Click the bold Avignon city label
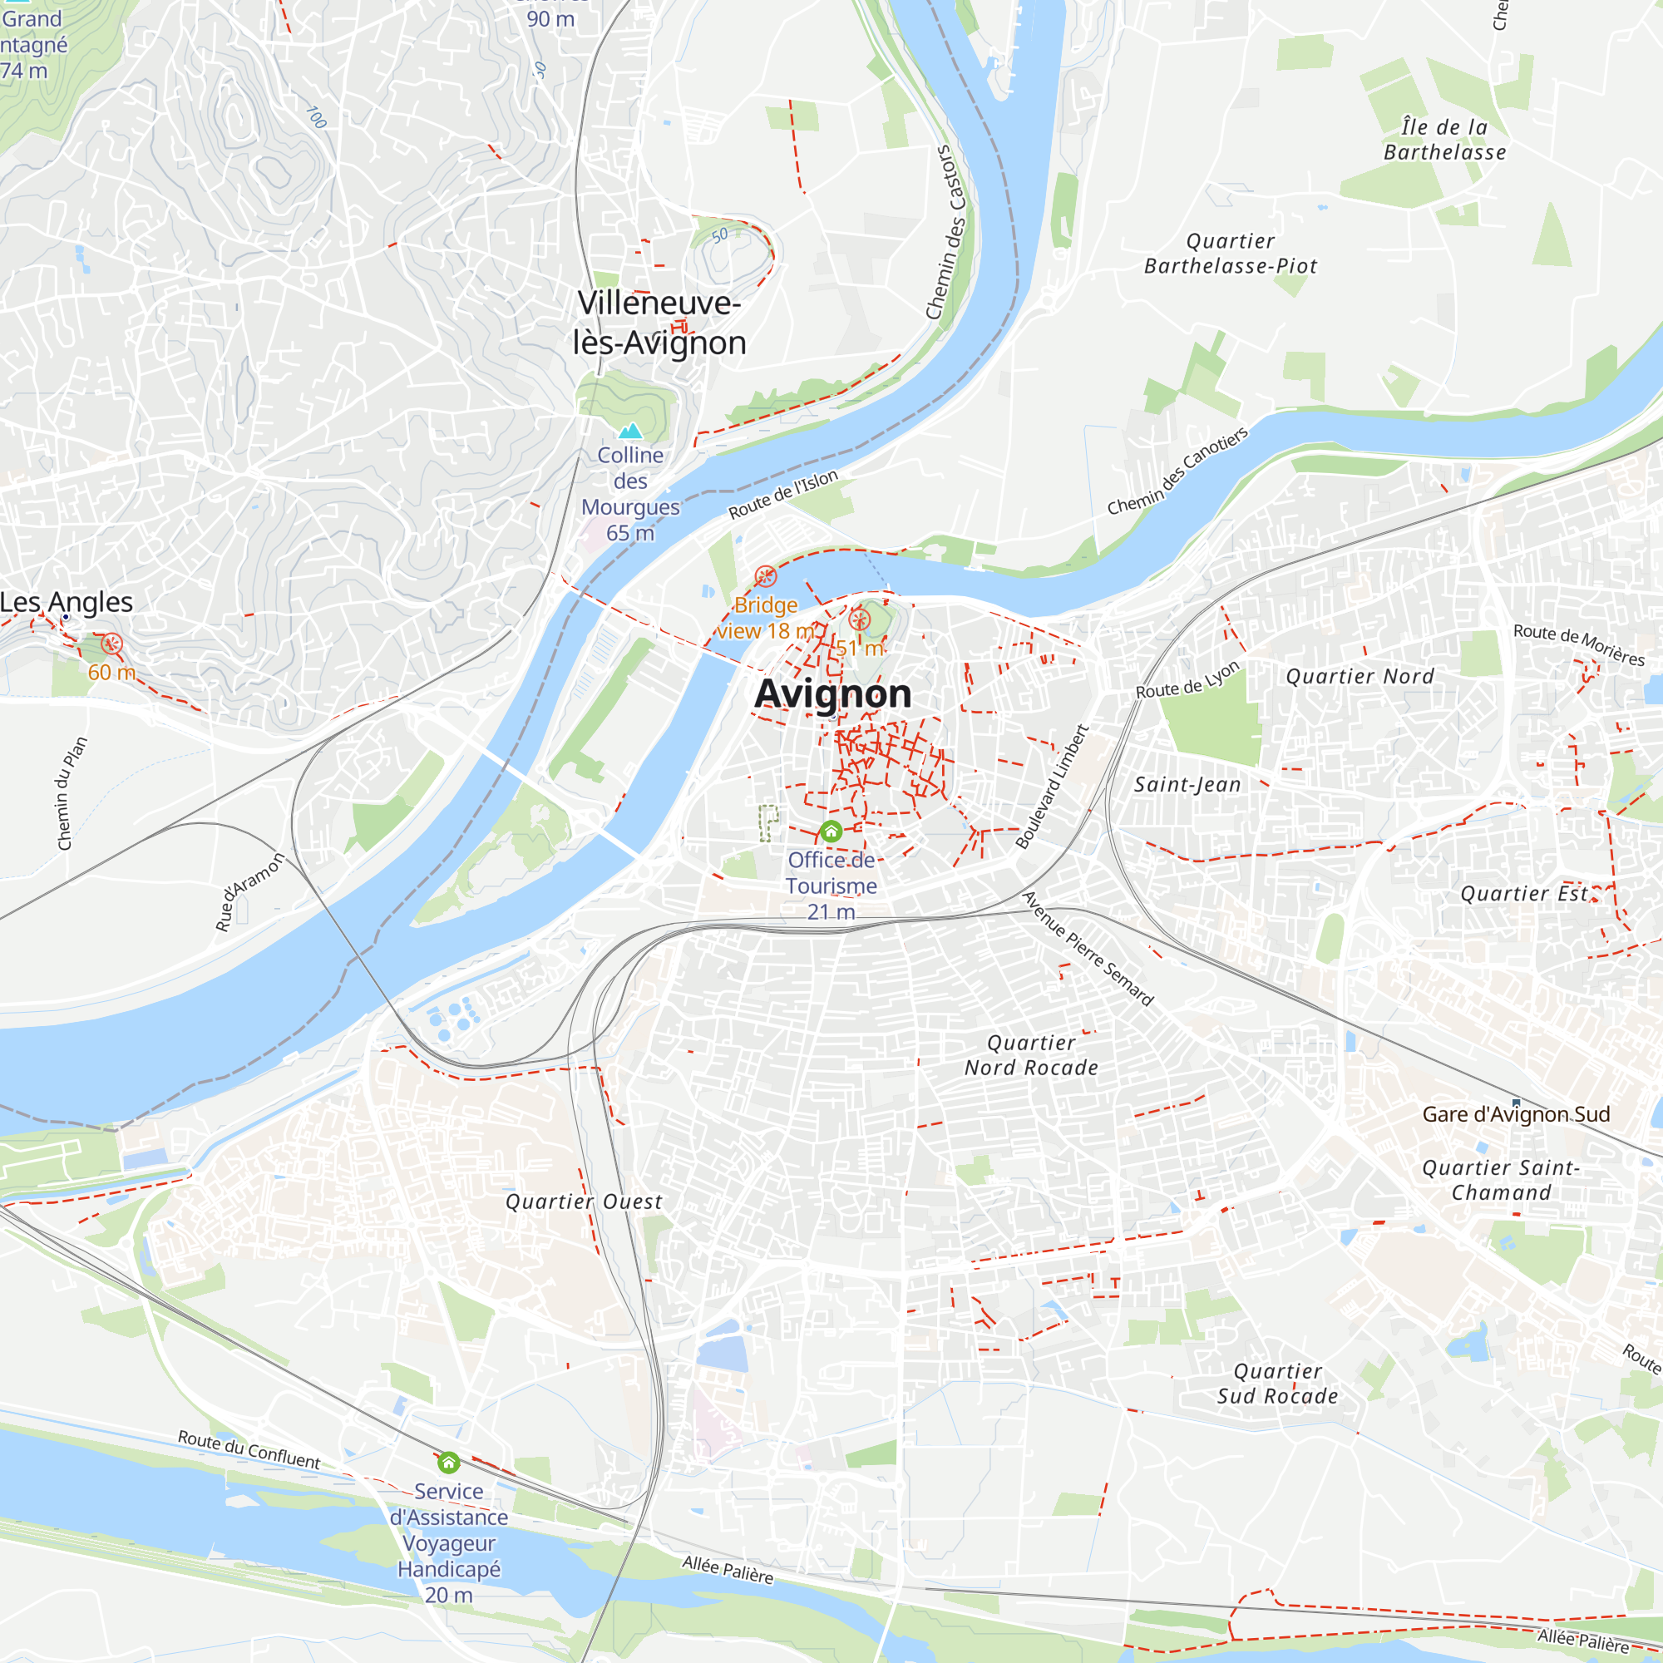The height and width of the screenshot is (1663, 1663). pos(832,693)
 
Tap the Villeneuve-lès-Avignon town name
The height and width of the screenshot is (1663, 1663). pos(659,323)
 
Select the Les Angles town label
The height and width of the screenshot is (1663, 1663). pos(67,602)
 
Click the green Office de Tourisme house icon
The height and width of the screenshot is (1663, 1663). pos(831,831)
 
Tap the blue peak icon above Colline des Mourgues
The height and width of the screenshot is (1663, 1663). pos(631,431)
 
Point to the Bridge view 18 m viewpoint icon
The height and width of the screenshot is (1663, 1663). pos(765,576)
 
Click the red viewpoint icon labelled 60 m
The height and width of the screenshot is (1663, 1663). pos(112,643)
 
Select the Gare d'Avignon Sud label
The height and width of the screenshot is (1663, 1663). pos(1516,1115)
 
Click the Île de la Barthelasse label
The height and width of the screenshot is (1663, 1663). pos(1444,140)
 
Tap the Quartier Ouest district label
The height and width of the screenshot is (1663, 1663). pos(584,1202)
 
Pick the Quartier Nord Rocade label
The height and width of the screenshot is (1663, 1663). pos(1031,1055)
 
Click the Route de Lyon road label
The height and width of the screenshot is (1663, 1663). pos(1187,680)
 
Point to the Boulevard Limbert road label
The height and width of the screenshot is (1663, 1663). pos(1053,787)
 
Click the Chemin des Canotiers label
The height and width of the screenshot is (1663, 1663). pos(1177,471)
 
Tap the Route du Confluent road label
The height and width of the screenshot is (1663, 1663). pos(249,1449)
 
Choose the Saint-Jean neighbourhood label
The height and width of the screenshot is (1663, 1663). pos(1187,784)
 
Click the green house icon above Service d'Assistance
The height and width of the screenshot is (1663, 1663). pos(448,1463)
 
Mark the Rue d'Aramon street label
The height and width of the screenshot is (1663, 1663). pos(249,891)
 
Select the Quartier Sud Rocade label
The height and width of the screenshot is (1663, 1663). pos(1277,1384)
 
